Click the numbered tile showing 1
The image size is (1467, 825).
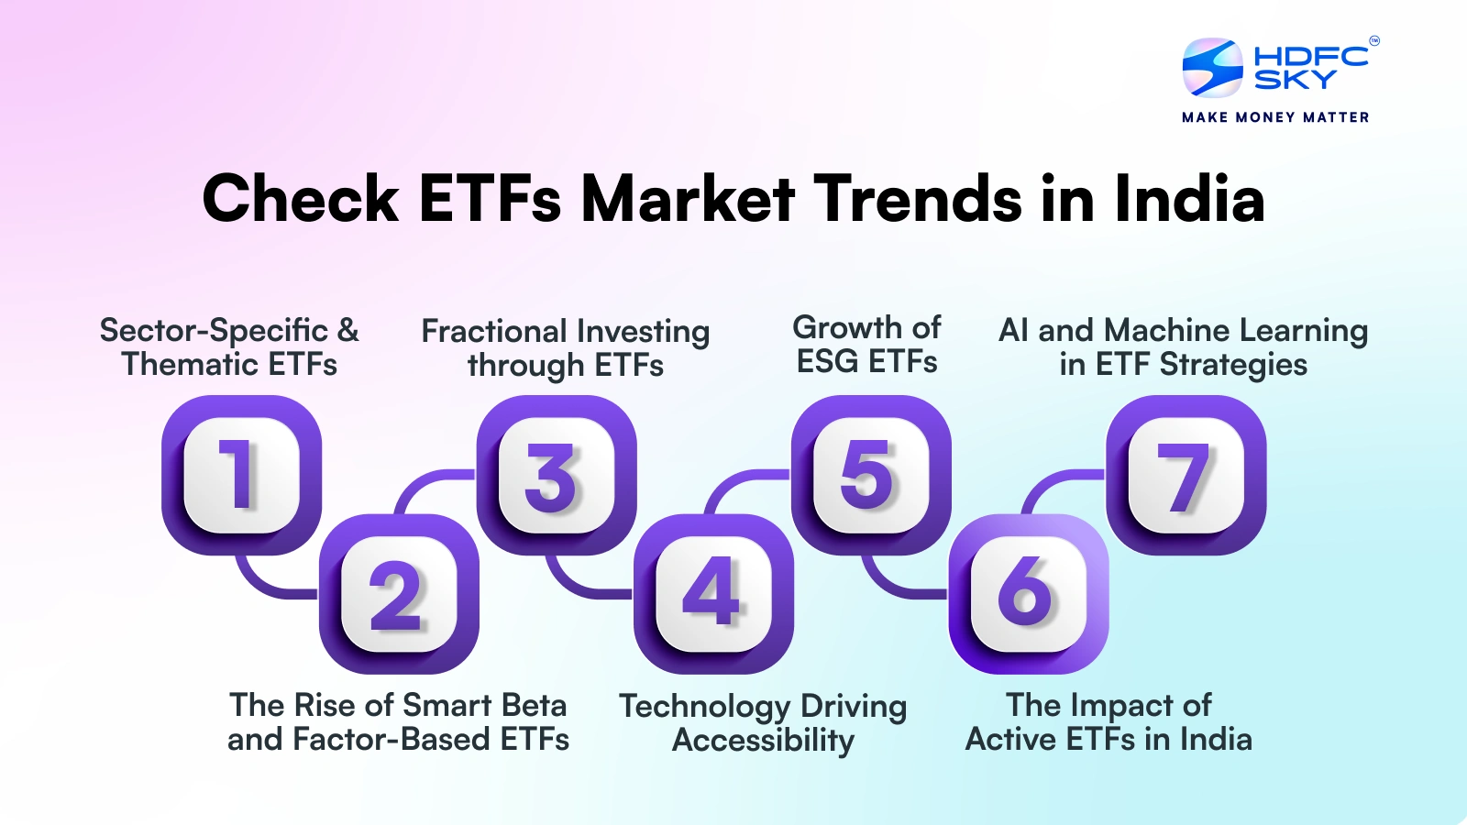point(241,475)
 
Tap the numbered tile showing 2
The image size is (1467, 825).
point(399,594)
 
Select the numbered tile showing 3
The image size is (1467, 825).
point(556,475)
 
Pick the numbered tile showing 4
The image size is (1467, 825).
point(713,594)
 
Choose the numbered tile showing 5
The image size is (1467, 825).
point(871,475)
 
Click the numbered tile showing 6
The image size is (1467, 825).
point(1029,594)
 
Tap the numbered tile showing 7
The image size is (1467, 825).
point(1186,475)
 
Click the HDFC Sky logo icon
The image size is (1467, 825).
point(1212,68)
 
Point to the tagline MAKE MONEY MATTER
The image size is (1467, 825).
point(1275,117)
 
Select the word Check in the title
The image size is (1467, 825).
point(301,199)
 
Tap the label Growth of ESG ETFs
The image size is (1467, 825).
point(866,345)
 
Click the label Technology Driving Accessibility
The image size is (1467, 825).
point(763,722)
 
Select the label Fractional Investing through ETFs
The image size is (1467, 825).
point(565,347)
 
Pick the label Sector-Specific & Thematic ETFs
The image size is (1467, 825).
point(229,346)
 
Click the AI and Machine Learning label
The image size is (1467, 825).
point(1183,346)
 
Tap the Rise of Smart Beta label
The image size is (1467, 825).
point(398,722)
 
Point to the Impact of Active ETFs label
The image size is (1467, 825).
point(1108,722)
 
